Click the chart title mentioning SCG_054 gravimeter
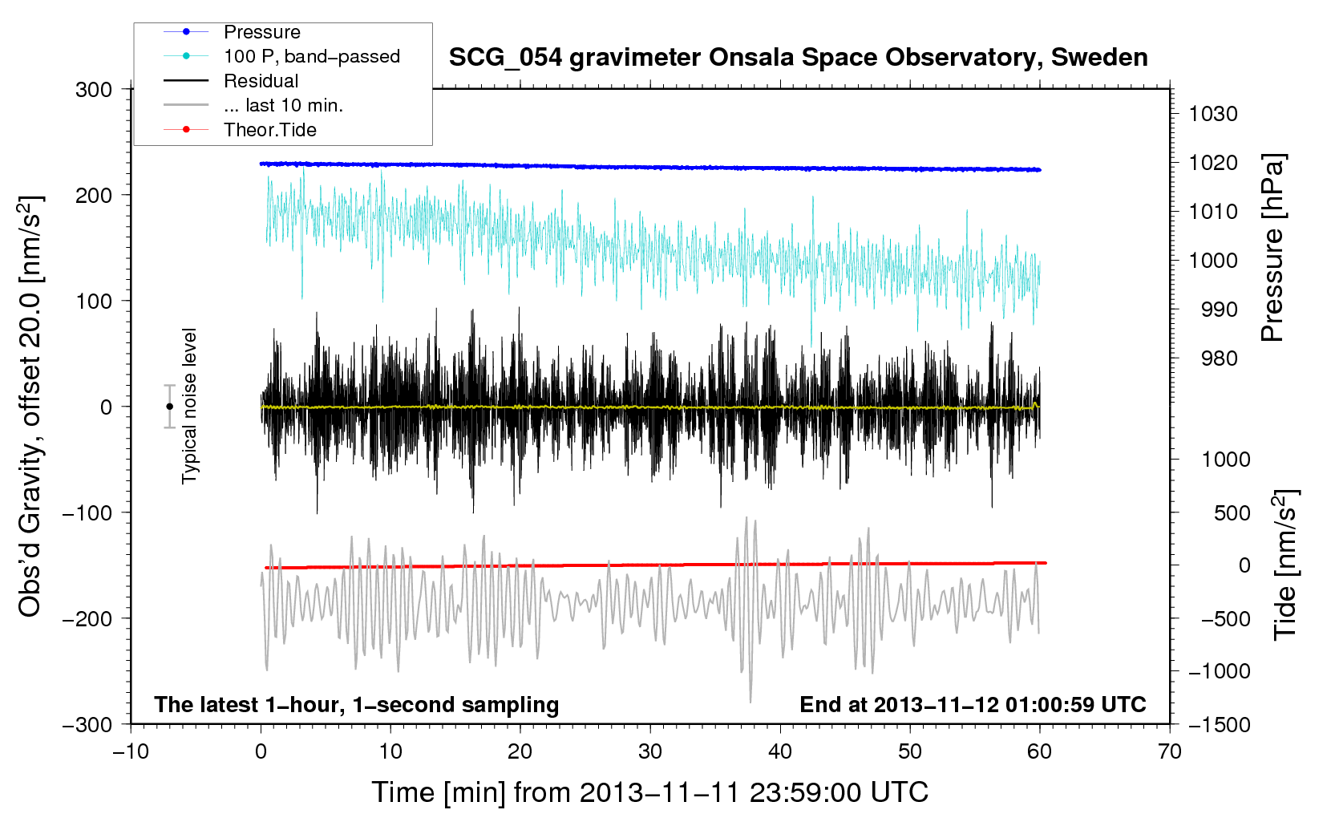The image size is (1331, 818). pos(798,58)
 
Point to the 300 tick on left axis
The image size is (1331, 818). pos(94,90)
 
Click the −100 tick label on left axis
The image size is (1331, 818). pos(87,512)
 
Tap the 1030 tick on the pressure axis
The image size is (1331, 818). pos(1213,114)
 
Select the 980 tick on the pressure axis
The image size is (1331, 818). pos(1219,358)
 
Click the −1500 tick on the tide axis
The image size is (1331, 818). pos(1220,725)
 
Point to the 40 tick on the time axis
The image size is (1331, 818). pos(779,751)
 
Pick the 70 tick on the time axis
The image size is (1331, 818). pos(1169,751)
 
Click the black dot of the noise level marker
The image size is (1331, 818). pos(169,407)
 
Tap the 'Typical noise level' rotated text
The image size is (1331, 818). pos(188,406)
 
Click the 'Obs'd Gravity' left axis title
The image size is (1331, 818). pos(30,407)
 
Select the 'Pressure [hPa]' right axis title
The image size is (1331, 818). pos(1272,247)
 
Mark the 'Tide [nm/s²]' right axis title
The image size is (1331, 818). pos(1284,565)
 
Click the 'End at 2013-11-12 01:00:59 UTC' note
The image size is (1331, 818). pos(973,704)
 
